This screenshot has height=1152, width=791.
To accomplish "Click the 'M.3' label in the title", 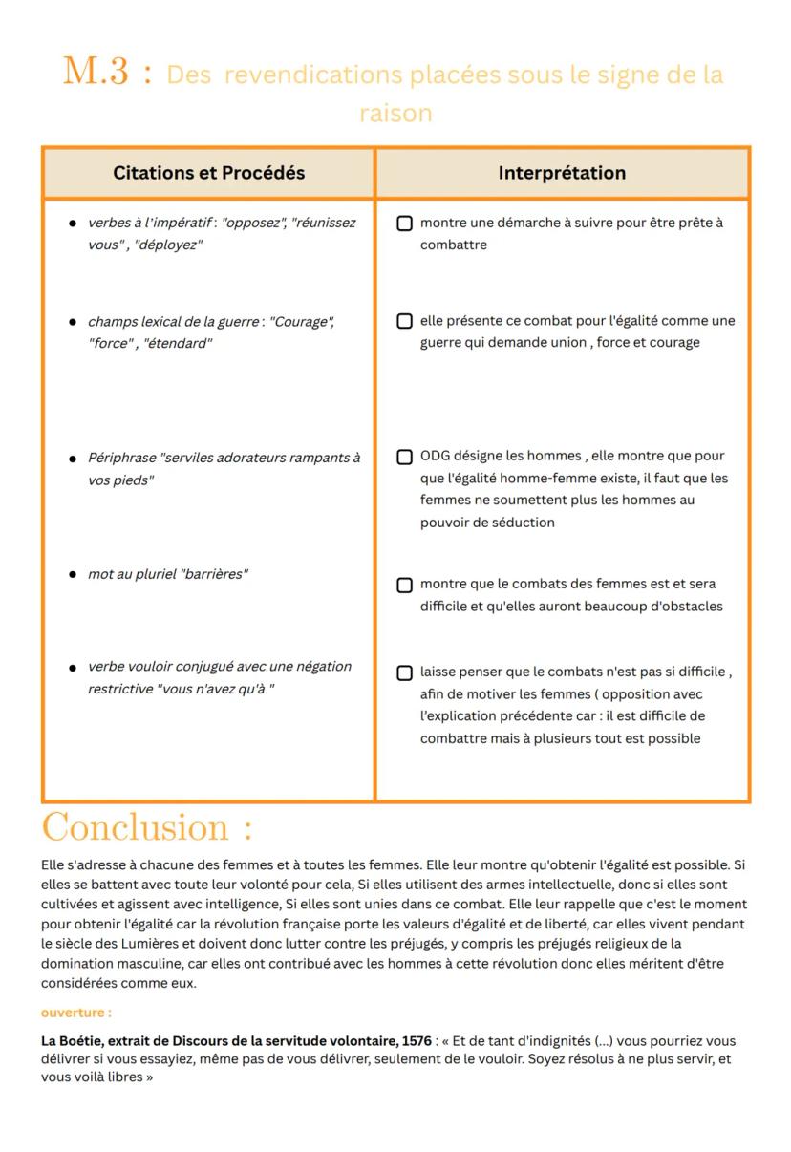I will (96, 72).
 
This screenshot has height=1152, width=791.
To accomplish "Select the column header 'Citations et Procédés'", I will (208, 173).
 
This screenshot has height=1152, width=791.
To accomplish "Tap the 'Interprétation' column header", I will (562, 173).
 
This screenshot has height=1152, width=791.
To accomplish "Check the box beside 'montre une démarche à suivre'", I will (405, 224).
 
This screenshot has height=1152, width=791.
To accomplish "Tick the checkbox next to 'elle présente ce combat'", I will (405, 321).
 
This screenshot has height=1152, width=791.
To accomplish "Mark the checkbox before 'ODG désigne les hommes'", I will (405, 457).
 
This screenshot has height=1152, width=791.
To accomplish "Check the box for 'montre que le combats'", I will (405, 585).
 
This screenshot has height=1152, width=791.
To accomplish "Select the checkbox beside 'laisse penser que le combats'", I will (405, 672).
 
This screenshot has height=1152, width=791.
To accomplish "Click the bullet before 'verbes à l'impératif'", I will (73, 224).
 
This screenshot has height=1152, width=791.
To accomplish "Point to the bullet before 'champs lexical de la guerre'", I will (73, 322).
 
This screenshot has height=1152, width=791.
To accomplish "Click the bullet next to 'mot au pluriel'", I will (73, 575).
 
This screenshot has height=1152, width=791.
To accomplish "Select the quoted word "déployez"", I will (168, 245).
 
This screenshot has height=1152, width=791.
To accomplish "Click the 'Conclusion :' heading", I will (147, 827).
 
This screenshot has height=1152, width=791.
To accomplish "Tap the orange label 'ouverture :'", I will (75, 1013).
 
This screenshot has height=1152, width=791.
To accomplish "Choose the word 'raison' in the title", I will (395, 113).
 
